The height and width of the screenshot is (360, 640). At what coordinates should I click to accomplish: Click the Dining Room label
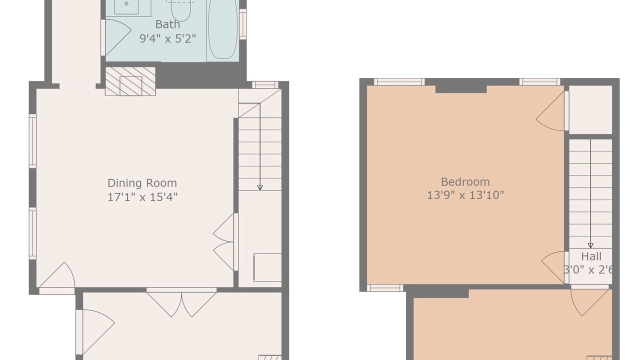coord(142,183)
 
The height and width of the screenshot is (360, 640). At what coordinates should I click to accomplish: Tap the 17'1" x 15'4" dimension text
coord(142,197)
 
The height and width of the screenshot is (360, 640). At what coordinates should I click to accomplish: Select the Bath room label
coord(167,24)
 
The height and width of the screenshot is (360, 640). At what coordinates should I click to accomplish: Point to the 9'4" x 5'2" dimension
coord(167,38)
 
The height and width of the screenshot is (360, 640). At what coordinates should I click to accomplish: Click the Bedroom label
coord(465,181)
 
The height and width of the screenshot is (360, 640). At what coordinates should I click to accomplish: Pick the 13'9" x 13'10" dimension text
coord(465,195)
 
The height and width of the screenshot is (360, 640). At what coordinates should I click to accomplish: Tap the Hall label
coord(591,256)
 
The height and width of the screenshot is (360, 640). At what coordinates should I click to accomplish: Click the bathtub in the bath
coord(223,28)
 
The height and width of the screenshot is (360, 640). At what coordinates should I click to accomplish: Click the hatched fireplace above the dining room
coord(130,81)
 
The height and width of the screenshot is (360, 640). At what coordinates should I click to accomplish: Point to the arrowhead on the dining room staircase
coord(259,187)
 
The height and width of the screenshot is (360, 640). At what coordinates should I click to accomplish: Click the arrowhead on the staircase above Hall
coord(590,245)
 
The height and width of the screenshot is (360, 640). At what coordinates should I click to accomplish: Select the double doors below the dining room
coord(181,302)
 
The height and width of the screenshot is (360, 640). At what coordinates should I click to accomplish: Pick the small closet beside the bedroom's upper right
coord(590,109)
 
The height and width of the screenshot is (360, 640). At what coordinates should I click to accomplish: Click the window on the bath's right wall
coord(243,24)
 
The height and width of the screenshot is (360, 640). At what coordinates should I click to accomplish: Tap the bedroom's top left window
coord(399,82)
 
